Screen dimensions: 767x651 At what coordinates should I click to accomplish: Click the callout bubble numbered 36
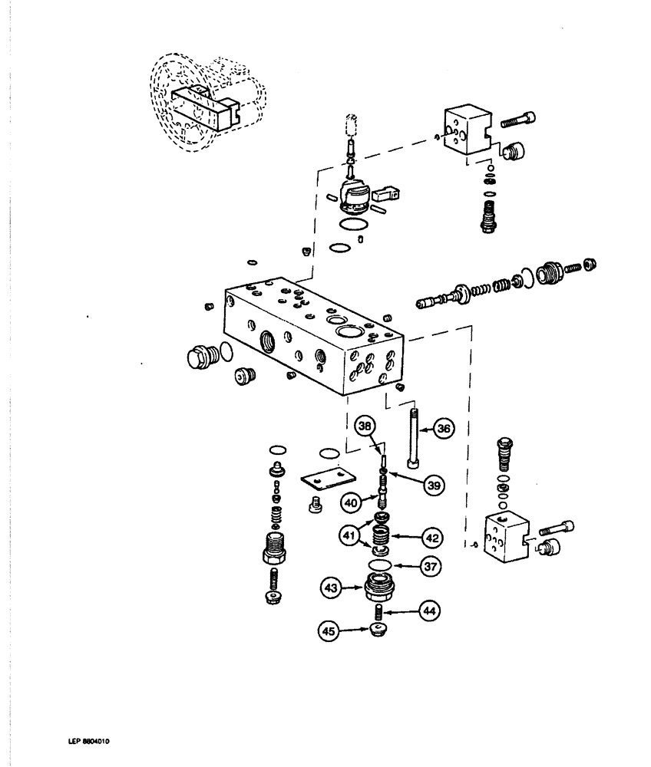click(x=443, y=430)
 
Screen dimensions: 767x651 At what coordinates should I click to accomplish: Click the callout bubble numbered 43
click(x=331, y=588)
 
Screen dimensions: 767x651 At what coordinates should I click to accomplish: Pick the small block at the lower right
click(x=504, y=541)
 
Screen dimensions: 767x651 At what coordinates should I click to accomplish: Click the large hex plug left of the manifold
click(x=200, y=357)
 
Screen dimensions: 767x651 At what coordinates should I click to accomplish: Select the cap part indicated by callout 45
click(x=377, y=630)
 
